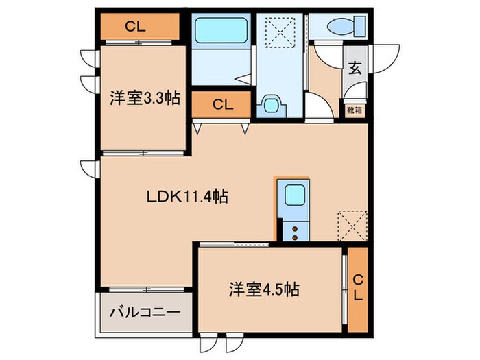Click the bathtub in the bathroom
(219, 31)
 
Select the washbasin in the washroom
(272, 106)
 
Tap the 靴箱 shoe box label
(355, 108)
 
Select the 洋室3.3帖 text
(145, 99)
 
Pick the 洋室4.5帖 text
(263, 289)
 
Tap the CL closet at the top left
(134, 27)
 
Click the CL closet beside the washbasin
(222, 105)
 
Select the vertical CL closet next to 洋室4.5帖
(357, 288)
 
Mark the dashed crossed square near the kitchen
(352, 223)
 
